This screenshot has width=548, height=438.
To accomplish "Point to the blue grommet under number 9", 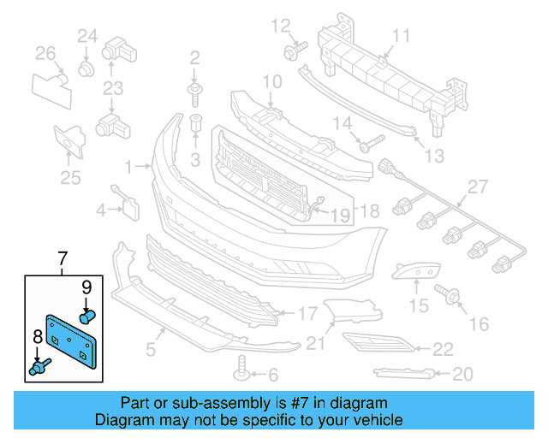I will [86, 317].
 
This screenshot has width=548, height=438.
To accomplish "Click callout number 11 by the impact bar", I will [402, 35].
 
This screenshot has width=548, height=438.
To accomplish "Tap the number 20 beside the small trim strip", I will [463, 373].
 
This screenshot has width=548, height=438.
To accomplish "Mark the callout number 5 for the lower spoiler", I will [150, 348].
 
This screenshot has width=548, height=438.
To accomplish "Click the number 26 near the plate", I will [45, 55].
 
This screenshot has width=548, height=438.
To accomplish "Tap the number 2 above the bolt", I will [194, 58].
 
